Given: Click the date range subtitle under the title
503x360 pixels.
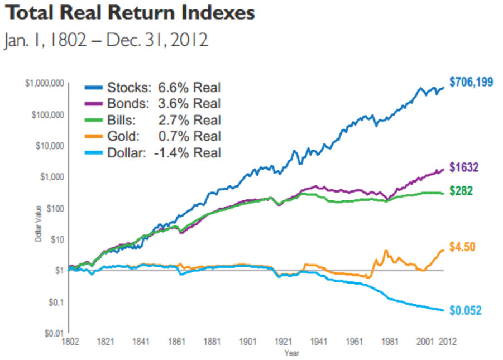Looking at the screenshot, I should pos(106,41).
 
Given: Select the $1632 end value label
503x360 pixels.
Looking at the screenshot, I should pos(464,167).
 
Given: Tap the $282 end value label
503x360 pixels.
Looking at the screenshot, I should pos(462,191).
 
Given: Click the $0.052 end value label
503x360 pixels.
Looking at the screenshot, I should pos(465,311).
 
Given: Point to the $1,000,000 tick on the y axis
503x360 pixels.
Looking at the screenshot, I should pos(45,84).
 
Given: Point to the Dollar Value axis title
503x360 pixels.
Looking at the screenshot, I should pos(39,228).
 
